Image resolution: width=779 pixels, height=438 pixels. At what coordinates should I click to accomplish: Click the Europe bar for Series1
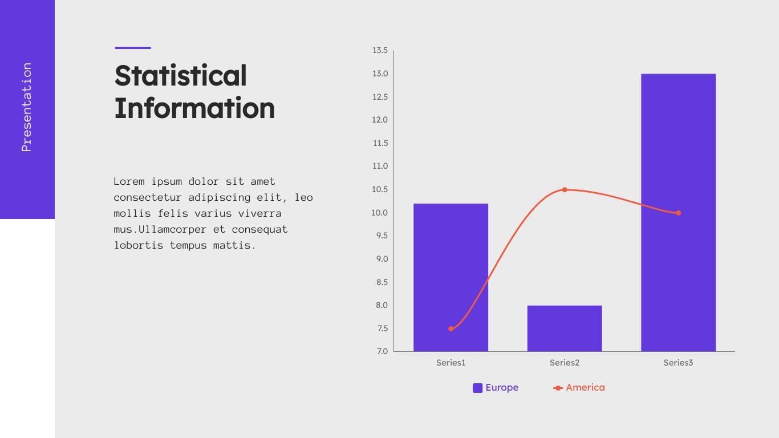point(451,277)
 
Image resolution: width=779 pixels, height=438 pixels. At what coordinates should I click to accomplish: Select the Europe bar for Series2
point(564,328)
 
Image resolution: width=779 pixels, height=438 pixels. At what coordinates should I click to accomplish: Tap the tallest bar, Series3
point(678,212)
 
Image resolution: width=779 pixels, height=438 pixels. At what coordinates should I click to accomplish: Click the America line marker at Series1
point(451,328)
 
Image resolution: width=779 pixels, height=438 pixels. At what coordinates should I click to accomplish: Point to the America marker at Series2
point(565,189)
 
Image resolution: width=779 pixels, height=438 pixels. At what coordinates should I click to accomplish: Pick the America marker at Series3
point(678,213)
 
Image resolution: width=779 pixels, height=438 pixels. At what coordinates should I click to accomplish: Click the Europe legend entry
point(496,388)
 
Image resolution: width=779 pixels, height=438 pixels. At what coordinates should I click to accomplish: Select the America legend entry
point(579,388)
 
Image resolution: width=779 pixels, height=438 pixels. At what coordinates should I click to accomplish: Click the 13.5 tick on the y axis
point(380,50)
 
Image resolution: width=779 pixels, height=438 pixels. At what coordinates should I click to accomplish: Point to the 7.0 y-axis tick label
point(382,351)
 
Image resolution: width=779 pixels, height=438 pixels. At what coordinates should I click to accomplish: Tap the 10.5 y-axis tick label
point(380,189)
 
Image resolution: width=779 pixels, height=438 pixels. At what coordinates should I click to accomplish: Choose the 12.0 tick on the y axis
point(380,120)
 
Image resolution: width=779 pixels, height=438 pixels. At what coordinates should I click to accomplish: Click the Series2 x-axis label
point(564,363)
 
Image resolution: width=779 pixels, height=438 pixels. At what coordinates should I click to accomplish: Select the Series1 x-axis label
point(451,363)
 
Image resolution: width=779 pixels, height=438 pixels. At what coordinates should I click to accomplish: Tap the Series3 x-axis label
point(678,363)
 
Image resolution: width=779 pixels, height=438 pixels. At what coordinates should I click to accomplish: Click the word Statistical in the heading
point(181,75)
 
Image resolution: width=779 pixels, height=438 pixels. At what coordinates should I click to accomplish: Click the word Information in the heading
point(194,108)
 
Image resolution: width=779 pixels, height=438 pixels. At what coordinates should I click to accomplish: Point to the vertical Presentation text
point(26,107)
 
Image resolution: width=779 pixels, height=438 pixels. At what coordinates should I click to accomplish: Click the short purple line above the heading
point(133,48)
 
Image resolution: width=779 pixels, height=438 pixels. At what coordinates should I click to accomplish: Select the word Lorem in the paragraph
point(129,181)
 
